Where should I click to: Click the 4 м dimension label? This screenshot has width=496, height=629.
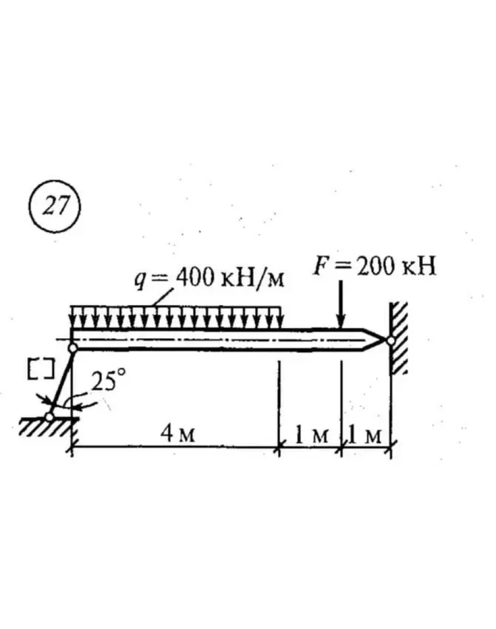pyautogui.click(x=178, y=433)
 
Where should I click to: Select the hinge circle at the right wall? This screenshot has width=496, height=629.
pyautogui.click(x=390, y=341)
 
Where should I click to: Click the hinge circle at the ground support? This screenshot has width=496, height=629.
pyautogui.click(x=50, y=417)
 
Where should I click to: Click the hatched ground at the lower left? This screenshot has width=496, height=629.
pyautogui.click(x=48, y=426)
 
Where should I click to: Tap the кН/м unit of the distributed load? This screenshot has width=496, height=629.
pyautogui.click(x=253, y=278)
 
